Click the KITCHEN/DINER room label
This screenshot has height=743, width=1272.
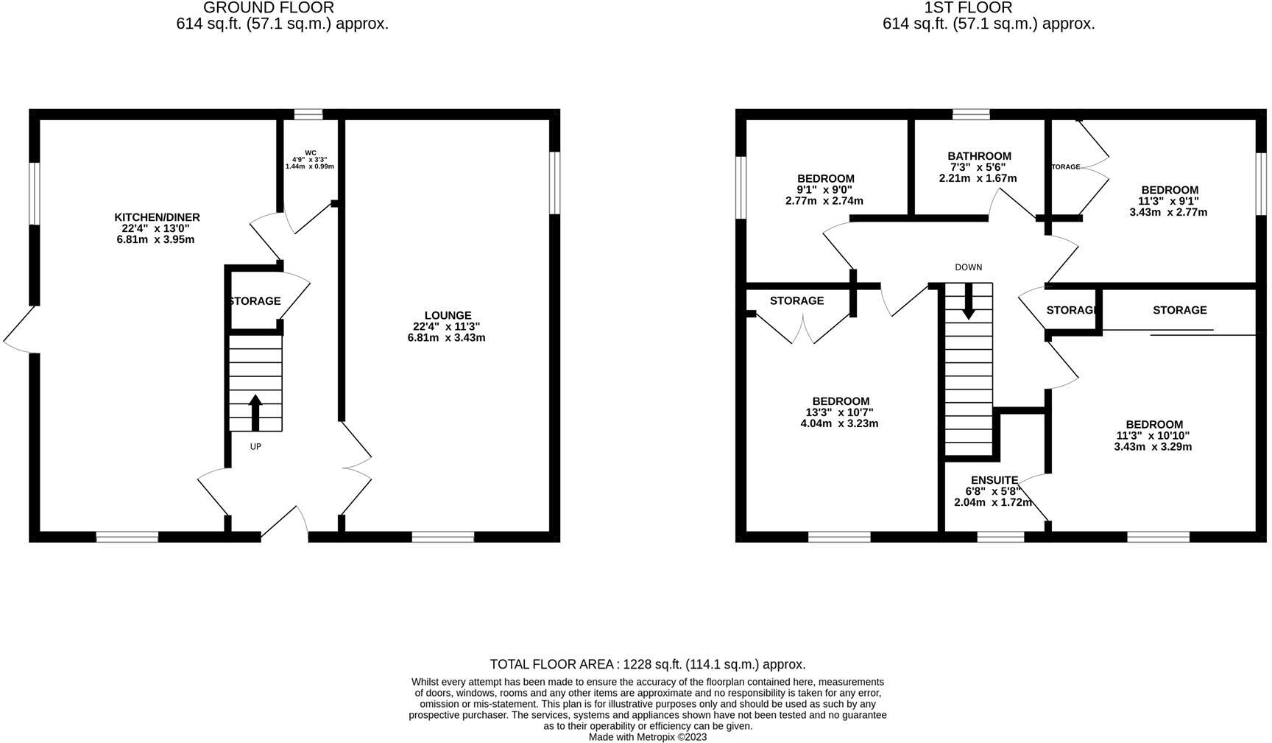pyautogui.click(x=157, y=217)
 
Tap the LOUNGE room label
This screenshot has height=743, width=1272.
pyautogui.click(x=447, y=315)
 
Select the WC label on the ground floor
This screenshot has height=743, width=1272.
pyautogui.click(x=310, y=153)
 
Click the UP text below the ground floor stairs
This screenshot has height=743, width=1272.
pyautogui.click(x=255, y=446)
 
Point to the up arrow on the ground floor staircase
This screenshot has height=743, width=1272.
pyautogui.click(x=255, y=412)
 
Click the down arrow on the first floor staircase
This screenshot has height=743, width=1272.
pyautogui.click(x=968, y=303)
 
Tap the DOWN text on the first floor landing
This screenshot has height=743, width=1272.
pyautogui.click(x=968, y=267)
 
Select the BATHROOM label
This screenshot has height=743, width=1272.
pyautogui.click(x=979, y=156)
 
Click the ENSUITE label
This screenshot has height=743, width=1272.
pyautogui.click(x=994, y=480)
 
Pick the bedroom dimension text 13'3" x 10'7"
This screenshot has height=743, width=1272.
pyautogui.click(x=840, y=412)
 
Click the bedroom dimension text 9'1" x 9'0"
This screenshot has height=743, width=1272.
pyautogui.click(x=824, y=189)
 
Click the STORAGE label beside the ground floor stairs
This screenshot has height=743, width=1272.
pyautogui.click(x=255, y=301)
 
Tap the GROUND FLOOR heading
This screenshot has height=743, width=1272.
pyautogui.click(x=268, y=8)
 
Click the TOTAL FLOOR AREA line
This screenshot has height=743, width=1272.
pyautogui.click(x=647, y=664)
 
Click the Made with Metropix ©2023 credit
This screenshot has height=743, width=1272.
pyautogui.click(x=647, y=736)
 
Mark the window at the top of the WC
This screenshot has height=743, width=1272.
pyautogui.click(x=308, y=114)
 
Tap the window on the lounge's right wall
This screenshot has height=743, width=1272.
pyautogui.click(x=555, y=183)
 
